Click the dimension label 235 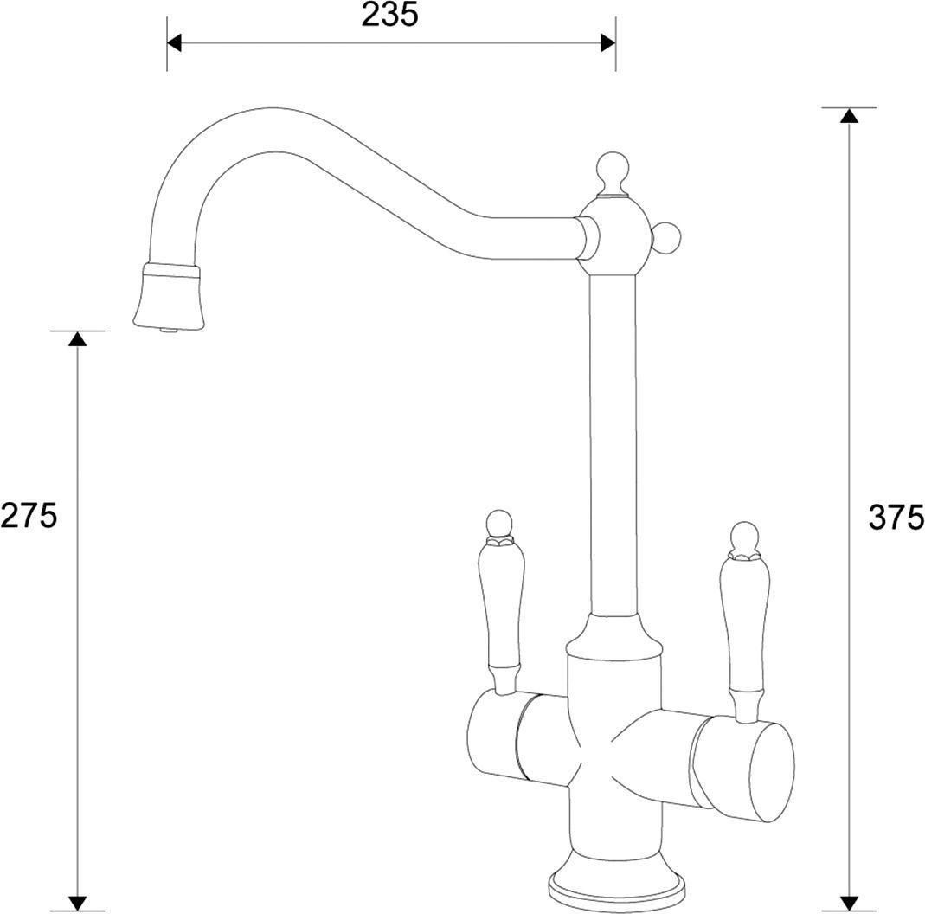pyautogui.click(x=389, y=15)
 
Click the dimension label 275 pyautogui.click(x=29, y=515)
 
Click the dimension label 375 pyautogui.click(x=896, y=518)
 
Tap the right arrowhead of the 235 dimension pyautogui.click(x=608, y=43)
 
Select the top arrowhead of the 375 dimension pyautogui.click(x=849, y=115)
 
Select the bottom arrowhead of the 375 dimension pyautogui.click(x=849, y=904)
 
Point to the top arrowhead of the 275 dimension pyautogui.click(x=77, y=338)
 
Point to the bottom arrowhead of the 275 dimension pyautogui.click(x=77, y=904)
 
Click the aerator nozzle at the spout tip pyautogui.click(x=169, y=297)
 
